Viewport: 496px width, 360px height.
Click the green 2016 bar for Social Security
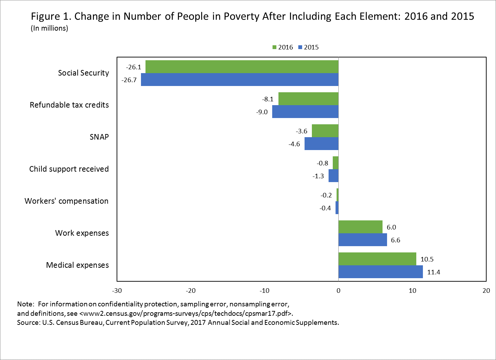click(242, 66)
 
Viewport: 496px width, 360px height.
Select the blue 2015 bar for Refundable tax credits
click(305, 112)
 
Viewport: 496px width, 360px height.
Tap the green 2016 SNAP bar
click(325, 131)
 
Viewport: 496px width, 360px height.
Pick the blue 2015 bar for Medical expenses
click(380, 272)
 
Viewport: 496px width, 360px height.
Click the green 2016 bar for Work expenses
click(360, 227)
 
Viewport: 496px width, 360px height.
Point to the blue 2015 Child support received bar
click(333, 176)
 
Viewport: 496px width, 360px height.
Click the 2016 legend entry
click(282, 47)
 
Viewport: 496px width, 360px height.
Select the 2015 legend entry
click(308, 47)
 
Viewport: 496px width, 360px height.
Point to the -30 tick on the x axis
click(117, 291)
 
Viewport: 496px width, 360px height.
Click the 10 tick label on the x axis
click(412, 291)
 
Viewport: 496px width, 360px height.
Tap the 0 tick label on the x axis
click(338, 291)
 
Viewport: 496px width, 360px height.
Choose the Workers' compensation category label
click(66, 201)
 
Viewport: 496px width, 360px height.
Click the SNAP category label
click(99, 137)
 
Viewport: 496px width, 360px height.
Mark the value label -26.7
click(129, 80)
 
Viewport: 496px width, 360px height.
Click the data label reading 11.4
click(434, 272)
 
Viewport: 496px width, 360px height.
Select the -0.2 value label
click(326, 195)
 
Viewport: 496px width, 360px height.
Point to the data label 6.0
click(391, 227)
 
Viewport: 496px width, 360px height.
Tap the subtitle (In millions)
click(49, 29)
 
